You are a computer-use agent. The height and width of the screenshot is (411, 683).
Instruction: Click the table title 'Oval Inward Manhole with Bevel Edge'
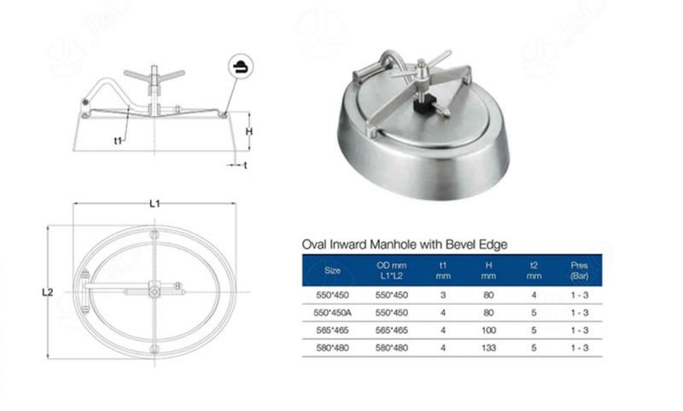(x=405, y=244)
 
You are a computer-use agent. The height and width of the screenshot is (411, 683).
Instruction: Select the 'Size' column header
(x=333, y=270)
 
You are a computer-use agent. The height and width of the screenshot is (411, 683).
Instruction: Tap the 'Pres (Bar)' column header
(x=580, y=270)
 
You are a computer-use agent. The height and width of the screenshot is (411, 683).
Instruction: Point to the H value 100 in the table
(x=488, y=330)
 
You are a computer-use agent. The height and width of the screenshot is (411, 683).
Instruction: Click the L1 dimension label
(x=155, y=203)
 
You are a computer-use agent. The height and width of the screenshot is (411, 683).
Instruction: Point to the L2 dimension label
(x=48, y=292)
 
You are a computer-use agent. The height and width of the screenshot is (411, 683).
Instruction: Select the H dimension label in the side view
(x=248, y=132)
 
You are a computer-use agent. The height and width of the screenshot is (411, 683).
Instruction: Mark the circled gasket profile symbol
(x=241, y=65)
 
